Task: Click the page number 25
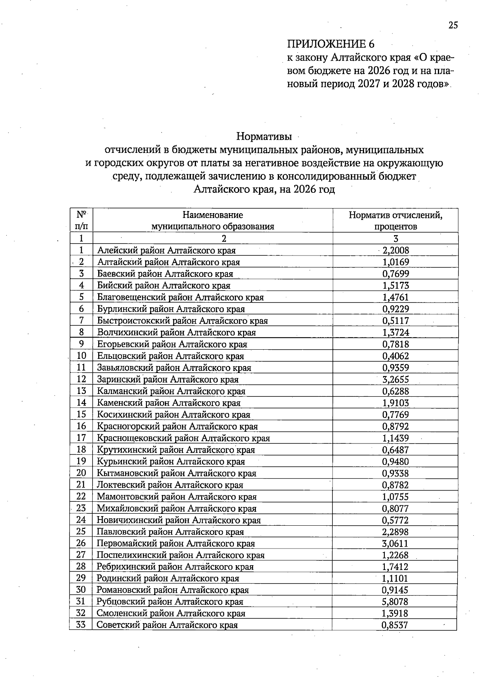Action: pos(453,25)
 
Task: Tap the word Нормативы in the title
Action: pos(264,137)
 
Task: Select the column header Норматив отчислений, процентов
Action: pos(395,220)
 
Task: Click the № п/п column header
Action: pos(81,220)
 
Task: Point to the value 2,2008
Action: pos(396,251)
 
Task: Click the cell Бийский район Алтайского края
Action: pos(164,285)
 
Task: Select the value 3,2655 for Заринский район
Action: pos(396,380)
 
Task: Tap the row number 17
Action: pos(81,438)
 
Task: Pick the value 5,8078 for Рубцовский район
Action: pos(395,602)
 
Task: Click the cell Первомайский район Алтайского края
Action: pos(176,543)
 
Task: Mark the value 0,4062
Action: pos(396,356)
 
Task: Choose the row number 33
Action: pos(81,625)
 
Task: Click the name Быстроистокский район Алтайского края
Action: pos(182,321)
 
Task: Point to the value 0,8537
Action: pos(395,625)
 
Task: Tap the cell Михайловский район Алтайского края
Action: pos(176,509)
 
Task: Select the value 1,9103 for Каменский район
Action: pos(396,403)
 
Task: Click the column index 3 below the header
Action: pos(396,239)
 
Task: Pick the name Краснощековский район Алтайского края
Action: pos(184,438)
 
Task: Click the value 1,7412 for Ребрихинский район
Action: pos(395,567)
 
